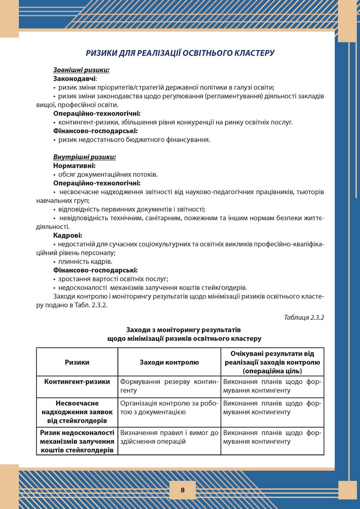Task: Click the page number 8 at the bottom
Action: [182, 490]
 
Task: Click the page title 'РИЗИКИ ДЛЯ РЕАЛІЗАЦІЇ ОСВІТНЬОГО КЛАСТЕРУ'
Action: [180, 53]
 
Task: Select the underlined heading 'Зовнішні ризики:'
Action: [81, 70]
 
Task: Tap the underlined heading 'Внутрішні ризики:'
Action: [85, 157]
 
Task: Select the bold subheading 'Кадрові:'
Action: [67, 235]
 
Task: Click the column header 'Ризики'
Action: [77, 362]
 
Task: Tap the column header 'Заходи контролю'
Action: [169, 362]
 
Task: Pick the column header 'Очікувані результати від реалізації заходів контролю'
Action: [272, 362]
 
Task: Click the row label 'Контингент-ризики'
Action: [77, 382]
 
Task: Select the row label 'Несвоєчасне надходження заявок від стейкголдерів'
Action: [77, 412]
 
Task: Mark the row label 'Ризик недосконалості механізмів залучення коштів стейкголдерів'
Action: [77, 441]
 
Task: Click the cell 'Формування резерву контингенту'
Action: [169, 386]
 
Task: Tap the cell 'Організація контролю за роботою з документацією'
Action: [169, 407]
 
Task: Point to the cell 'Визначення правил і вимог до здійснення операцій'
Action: [169, 437]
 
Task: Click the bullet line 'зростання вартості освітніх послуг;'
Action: [113, 279]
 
